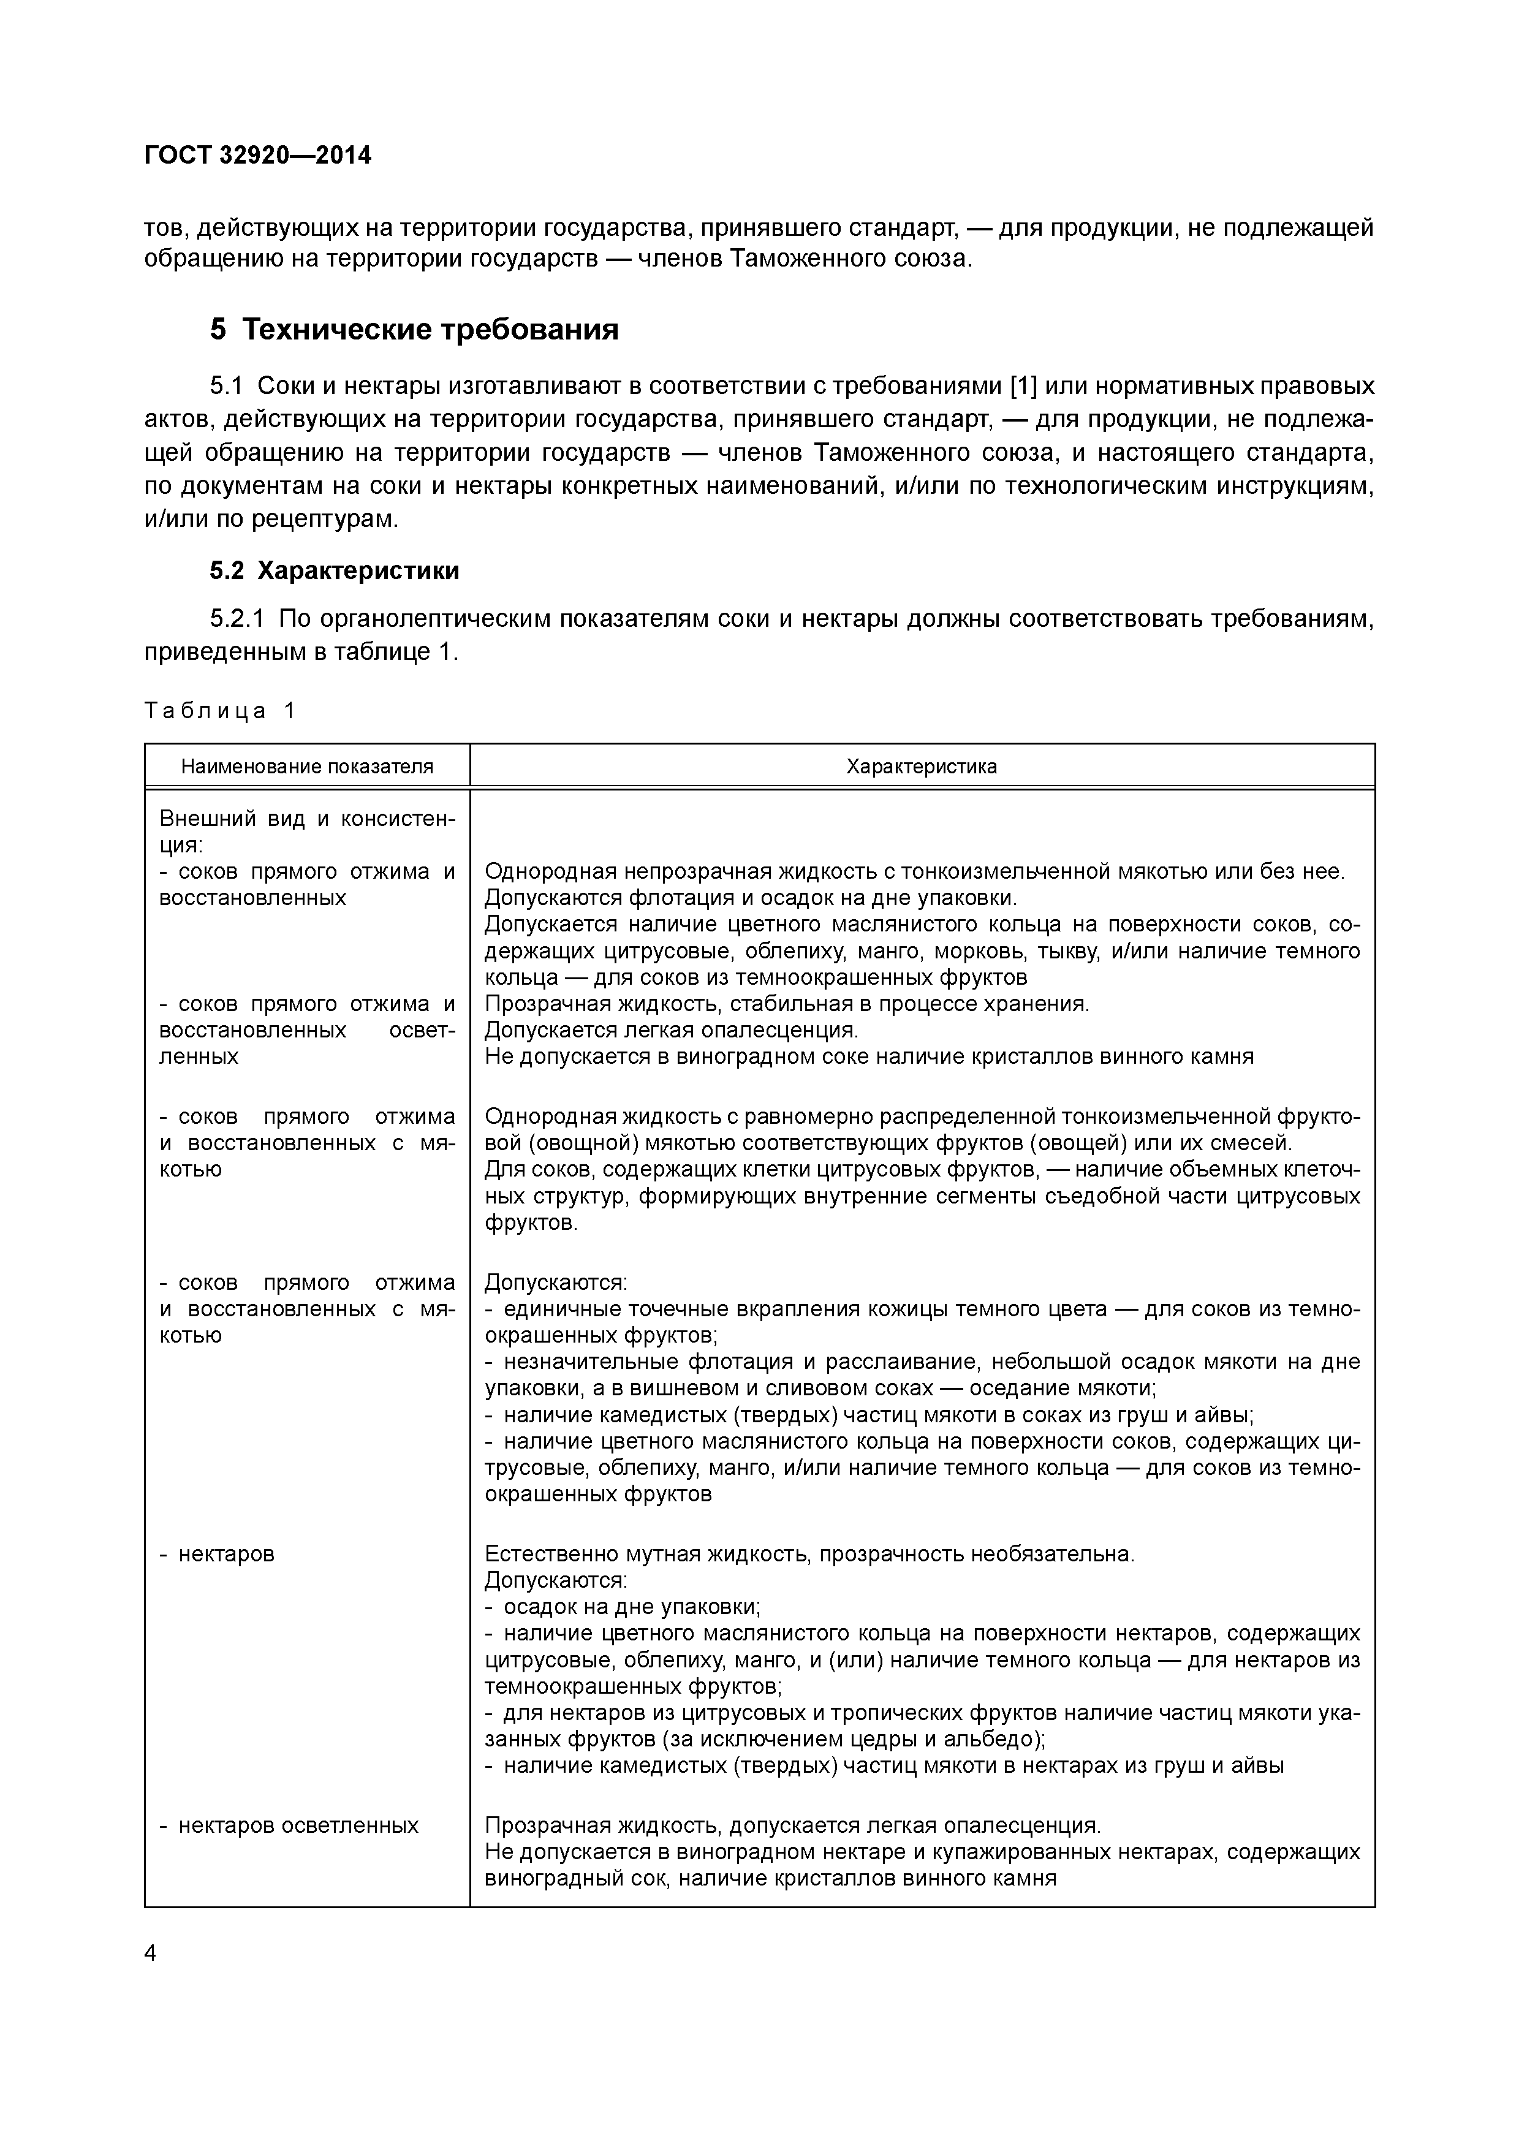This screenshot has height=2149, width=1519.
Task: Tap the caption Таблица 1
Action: coord(219,710)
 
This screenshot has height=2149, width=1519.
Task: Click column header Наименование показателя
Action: coord(307,767)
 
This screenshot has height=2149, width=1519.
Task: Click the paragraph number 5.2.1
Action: coord(238,619)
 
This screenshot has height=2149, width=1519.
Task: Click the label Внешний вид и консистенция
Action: coord(307,831)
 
